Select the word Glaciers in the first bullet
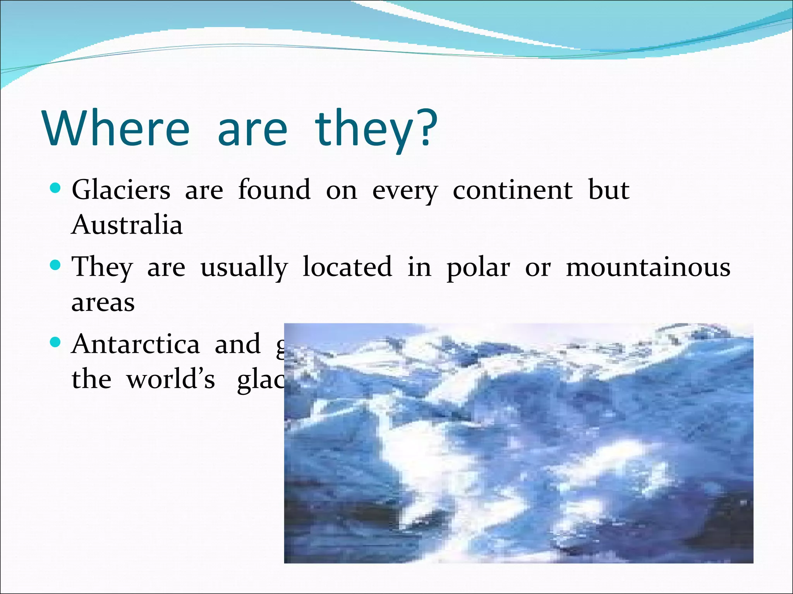(x=121, y=190)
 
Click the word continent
(x=512, y=190)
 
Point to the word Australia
(x=127, y=225)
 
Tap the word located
(x=347, y=267)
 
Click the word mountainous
(x=648, y=267)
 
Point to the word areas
(x=103, y=303)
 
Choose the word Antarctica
(x=136, y=344)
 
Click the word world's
(x=171, y=379)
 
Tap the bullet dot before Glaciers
(x=56, y=189)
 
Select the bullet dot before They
(x=56, y=265)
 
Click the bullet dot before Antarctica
(x=56, y=342)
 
